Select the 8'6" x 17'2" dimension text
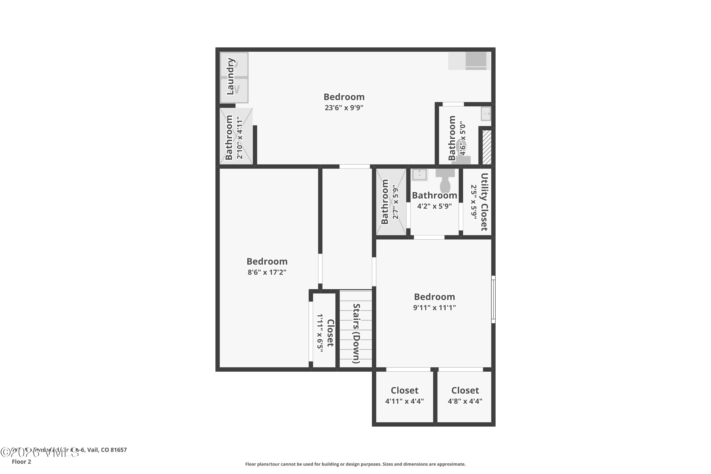[267, 272]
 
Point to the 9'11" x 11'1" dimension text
[434, 307]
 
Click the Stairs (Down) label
[356, 333]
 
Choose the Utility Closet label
[484, 202]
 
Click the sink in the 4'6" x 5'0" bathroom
[486, 114]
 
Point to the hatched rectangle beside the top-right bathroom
[487, 147]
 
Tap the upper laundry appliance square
[234, 64]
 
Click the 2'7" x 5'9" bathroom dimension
[395, 202]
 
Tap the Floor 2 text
[21, 462]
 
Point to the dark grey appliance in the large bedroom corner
[476, 59]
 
